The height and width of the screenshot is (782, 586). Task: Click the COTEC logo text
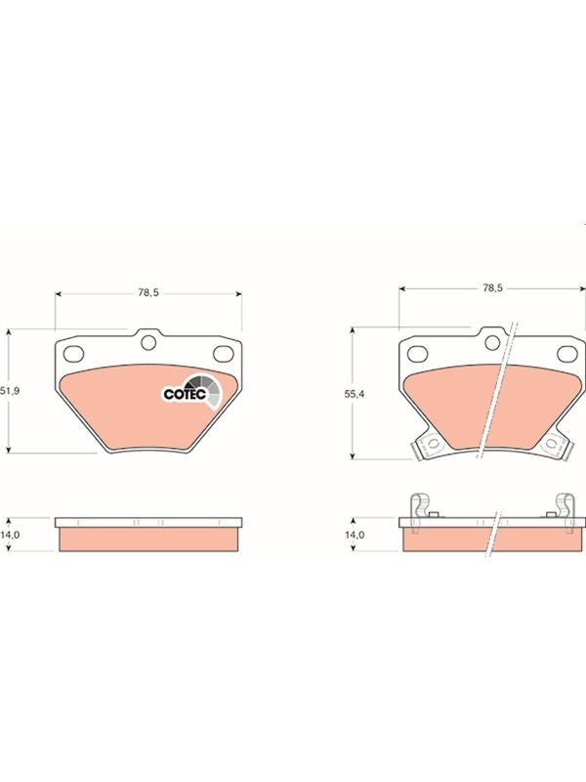coord(185,394)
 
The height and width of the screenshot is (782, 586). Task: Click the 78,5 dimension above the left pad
coord(148,293)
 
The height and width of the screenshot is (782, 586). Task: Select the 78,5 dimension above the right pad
coord(492,287)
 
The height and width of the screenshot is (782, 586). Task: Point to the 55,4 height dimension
coord(355,394)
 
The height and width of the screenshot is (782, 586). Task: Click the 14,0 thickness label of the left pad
coord(10,534)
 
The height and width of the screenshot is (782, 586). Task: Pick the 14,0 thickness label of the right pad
coord(355,534)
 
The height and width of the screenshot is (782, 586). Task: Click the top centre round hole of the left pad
coord(148,343)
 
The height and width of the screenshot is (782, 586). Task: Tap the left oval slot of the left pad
coord(74,353)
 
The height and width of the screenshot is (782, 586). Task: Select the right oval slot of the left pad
coord(224,353)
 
